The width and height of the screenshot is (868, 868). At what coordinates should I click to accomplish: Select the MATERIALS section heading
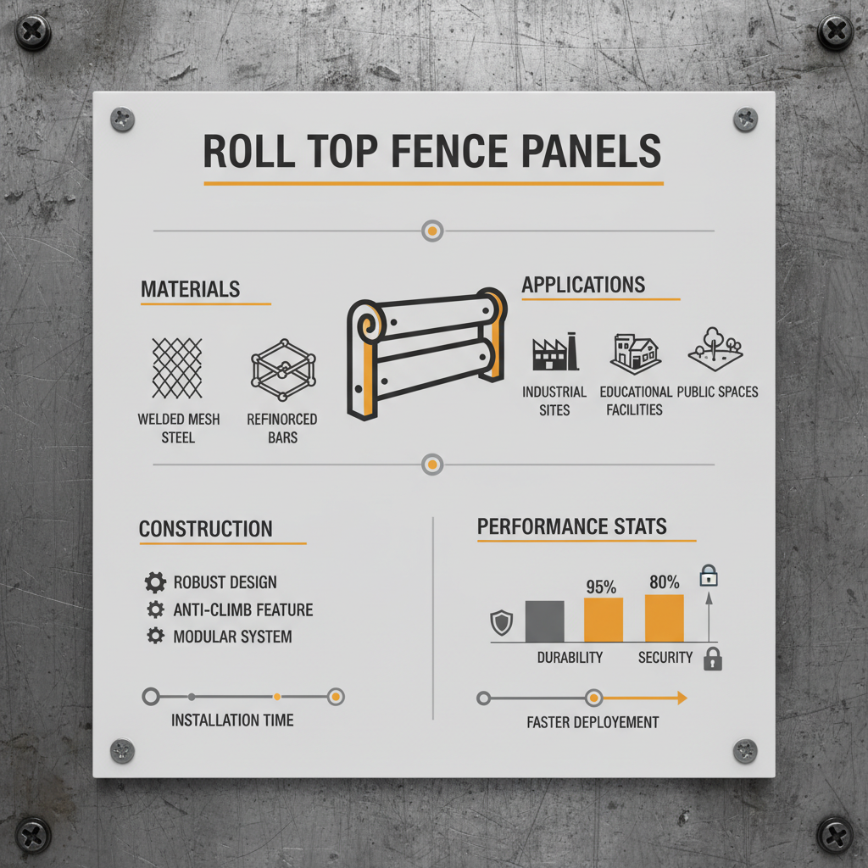[190, 289]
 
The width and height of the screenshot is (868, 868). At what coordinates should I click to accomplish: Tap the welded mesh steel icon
[177, 368]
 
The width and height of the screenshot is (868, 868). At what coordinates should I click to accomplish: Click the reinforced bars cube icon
[283, 372]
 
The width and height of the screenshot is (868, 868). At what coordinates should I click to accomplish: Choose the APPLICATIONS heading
[583, 285]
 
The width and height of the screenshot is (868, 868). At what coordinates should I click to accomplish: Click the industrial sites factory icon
[554, 353]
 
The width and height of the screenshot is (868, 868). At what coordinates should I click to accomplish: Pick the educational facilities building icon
[636, 353]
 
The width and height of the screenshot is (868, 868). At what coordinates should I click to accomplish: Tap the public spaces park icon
[717, 350]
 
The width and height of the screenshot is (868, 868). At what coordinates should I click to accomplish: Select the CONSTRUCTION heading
[206, 529]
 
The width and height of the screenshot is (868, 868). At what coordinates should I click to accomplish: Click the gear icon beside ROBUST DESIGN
[155, 582]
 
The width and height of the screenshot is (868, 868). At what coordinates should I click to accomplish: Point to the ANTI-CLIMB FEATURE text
[242, 609]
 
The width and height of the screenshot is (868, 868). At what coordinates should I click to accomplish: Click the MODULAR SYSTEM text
[232, 637]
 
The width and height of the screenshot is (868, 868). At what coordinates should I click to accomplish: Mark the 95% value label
[601, 585]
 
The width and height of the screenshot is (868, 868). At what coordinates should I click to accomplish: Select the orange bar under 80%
[664, 618]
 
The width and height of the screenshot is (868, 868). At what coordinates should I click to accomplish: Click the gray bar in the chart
[544, 620]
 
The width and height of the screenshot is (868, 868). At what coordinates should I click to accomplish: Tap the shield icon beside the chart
[502, 624]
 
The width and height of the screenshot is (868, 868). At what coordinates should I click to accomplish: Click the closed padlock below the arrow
[713, 659]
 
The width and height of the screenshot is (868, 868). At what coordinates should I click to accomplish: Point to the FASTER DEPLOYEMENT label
[592, 722]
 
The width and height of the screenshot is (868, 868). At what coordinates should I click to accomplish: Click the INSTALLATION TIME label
[232, 720]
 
